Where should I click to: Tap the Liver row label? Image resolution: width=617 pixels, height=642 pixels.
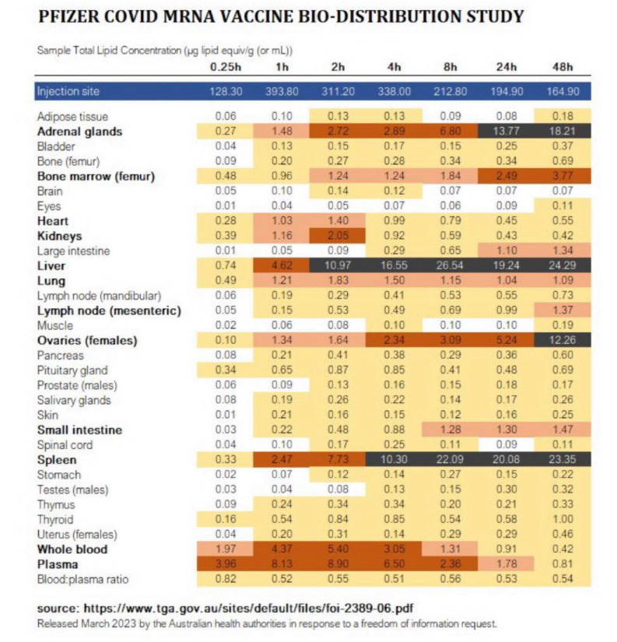50,265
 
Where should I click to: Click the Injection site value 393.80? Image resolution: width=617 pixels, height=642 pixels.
283,91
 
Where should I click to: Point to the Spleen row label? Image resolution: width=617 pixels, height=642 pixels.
55,459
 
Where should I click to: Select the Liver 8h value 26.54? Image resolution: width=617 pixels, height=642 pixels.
450,265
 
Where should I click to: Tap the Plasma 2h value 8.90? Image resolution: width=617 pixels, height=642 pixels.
338,564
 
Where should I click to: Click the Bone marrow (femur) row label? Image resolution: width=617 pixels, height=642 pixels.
96,176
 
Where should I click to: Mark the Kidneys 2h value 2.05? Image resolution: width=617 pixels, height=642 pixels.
338,235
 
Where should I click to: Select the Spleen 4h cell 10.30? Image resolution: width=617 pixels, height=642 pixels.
394,459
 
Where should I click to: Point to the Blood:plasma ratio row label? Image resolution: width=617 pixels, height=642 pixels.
82,579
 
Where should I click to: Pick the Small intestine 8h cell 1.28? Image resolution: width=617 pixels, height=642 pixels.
450,430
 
